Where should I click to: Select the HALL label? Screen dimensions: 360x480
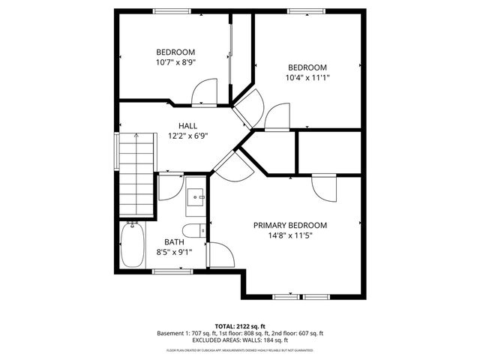187,126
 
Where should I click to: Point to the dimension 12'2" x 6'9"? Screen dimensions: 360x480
187,136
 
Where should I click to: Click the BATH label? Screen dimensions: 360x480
174,242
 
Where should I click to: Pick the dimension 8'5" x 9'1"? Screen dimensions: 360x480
174,252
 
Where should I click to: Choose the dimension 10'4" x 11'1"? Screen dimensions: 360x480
307,76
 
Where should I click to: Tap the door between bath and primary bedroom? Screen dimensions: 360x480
221,256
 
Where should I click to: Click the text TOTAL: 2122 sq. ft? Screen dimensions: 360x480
240,326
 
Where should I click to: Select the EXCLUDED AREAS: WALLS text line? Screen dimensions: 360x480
240,341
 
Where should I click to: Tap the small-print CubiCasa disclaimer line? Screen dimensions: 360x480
240,350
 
